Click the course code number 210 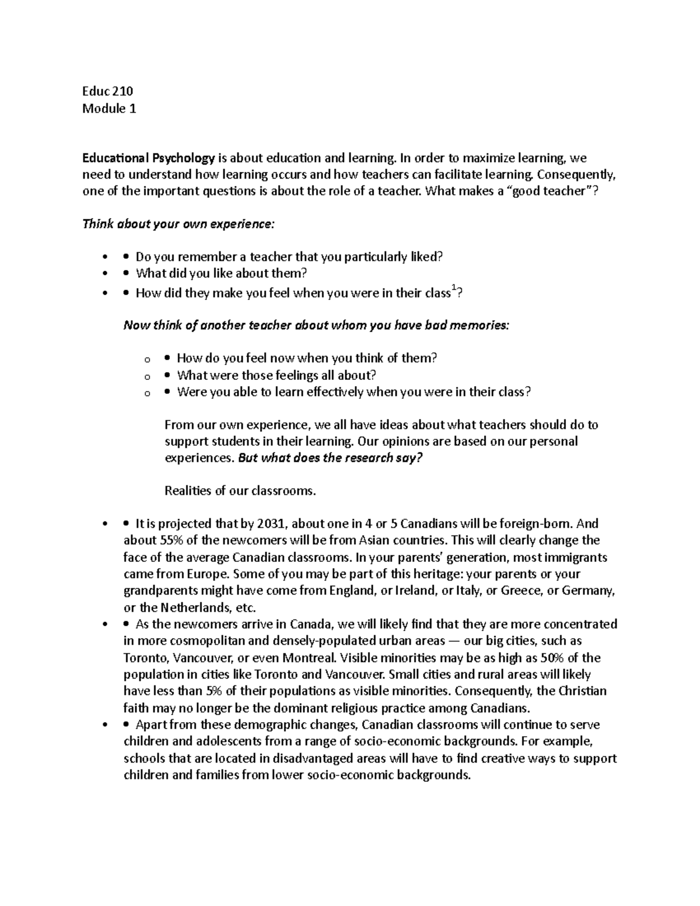pyautogui.click(x=123, y=91)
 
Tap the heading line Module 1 pyautogui.click(x=109, y=108)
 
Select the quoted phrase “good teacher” pyautogui.click(x=552, y=191)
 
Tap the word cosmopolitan pyautogui.click(x=210, y=641)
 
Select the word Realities pyautogui.click(x=187, y=491)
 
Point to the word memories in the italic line pyautogui.click(x=478, y=326)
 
